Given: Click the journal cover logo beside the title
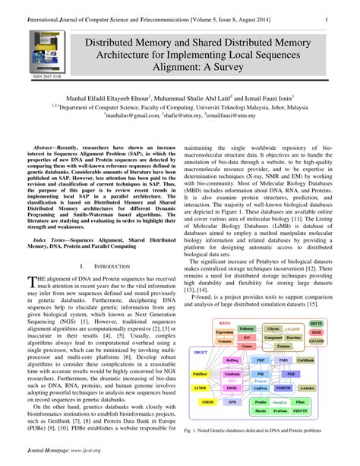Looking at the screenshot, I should [43, 53].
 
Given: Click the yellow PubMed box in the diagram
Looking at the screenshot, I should [201, 375].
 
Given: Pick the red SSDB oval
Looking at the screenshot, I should [317, 331].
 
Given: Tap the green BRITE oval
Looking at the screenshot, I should [317, 323].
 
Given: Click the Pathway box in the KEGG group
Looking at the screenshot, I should [246, 327].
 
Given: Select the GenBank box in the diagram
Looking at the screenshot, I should [232, 375].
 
